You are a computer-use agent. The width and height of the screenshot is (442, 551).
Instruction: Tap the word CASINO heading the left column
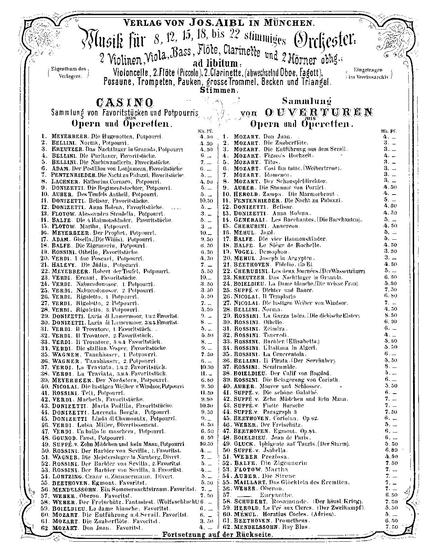[x=125, y=102]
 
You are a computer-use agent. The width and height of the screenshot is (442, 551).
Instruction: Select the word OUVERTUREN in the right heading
[x=318, y=113]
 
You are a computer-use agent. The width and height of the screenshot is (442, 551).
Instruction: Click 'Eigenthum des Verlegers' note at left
[x=68, y=73]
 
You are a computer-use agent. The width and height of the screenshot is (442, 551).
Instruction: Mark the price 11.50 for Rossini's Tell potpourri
[x=207, y=393]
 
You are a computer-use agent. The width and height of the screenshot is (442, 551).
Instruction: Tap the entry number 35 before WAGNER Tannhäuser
[x=44, y=354]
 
